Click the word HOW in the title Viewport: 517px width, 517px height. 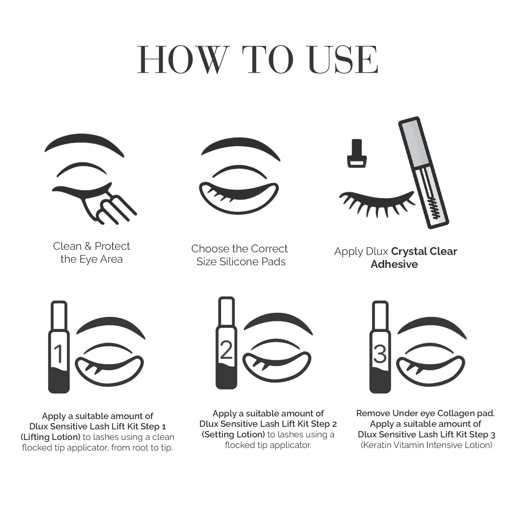click(x=184, y=60)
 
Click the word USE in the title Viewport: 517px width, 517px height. click(x=343, y=60)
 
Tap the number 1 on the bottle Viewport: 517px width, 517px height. click(x=59, y=354)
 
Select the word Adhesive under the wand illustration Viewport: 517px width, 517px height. click(x=394, y=264)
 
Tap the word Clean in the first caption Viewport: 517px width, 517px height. click(x=67, y=246)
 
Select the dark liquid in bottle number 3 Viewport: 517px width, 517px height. click(x=380, y=380)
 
